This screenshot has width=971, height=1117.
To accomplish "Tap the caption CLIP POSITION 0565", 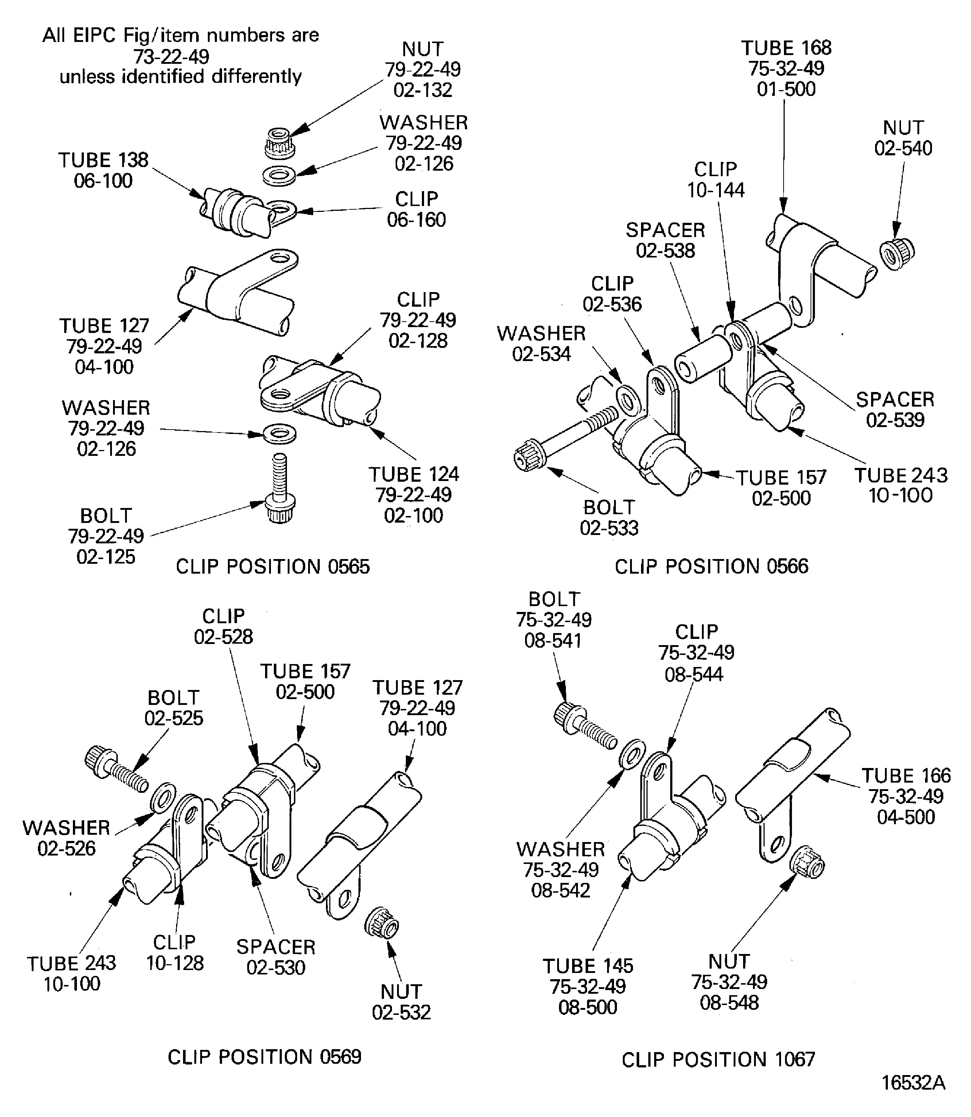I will click(272, 567).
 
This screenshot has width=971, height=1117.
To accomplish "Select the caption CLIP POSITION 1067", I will click(718, 1059).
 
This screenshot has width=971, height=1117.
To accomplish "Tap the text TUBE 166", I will click(906, 776).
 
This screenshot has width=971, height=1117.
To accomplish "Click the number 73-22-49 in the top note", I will click(171, 56).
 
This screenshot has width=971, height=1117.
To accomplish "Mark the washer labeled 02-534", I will click(628, 401).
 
